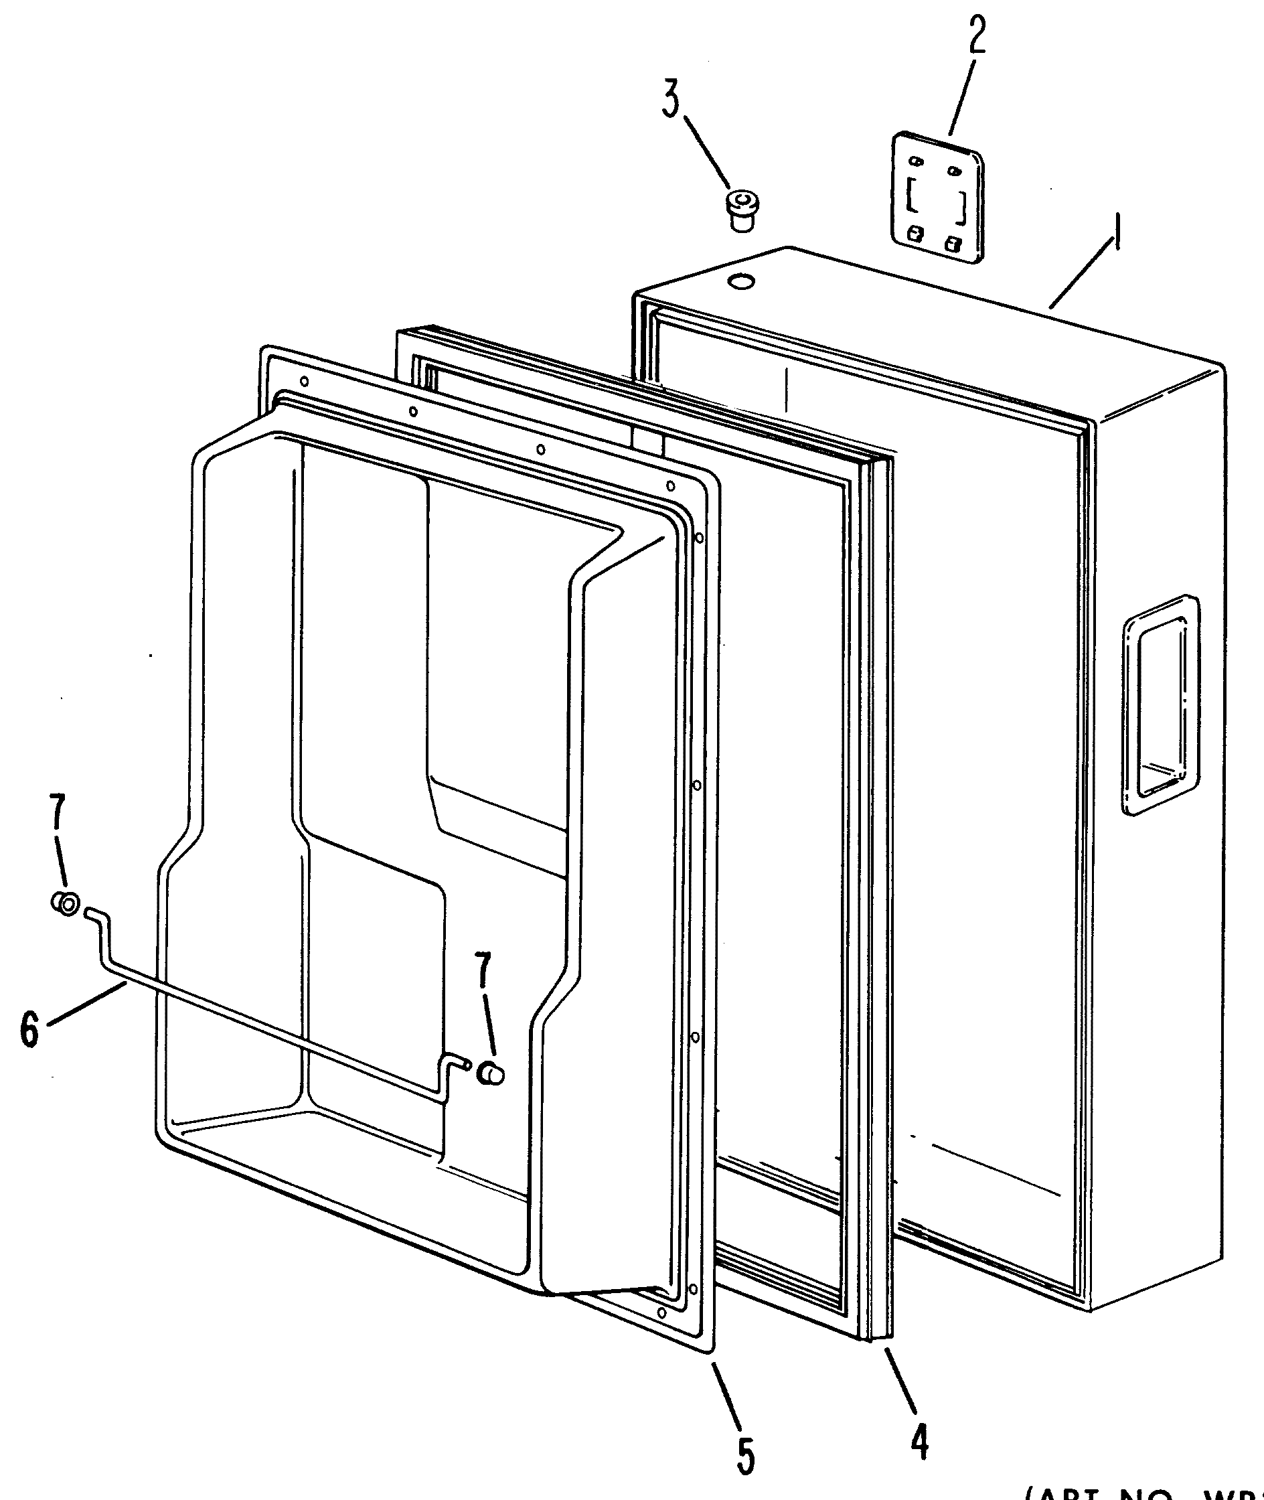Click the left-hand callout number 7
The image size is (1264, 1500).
click(58, 818)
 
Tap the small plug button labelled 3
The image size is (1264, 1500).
click(742, 210)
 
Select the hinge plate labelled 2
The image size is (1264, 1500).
click(937, 196)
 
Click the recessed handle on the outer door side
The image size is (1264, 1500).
click(1160, 704)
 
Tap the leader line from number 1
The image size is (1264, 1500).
click(1082, 276)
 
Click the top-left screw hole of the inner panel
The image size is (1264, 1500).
click(305, 381)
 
